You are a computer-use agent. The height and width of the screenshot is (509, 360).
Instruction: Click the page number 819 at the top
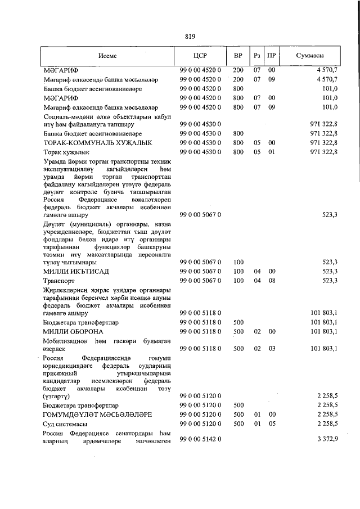[190, 37]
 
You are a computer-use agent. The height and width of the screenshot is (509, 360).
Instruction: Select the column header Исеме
[107, 56]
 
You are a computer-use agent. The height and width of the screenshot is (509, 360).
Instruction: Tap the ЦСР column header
[200, 56]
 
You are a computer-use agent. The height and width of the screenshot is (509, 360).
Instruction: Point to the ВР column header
[238, 56]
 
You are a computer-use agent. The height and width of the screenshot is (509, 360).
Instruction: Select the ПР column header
[272, 56]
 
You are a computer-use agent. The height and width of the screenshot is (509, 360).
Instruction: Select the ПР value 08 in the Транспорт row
[272, 280]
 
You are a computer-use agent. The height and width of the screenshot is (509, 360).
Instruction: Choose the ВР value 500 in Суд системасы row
[238, 423]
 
